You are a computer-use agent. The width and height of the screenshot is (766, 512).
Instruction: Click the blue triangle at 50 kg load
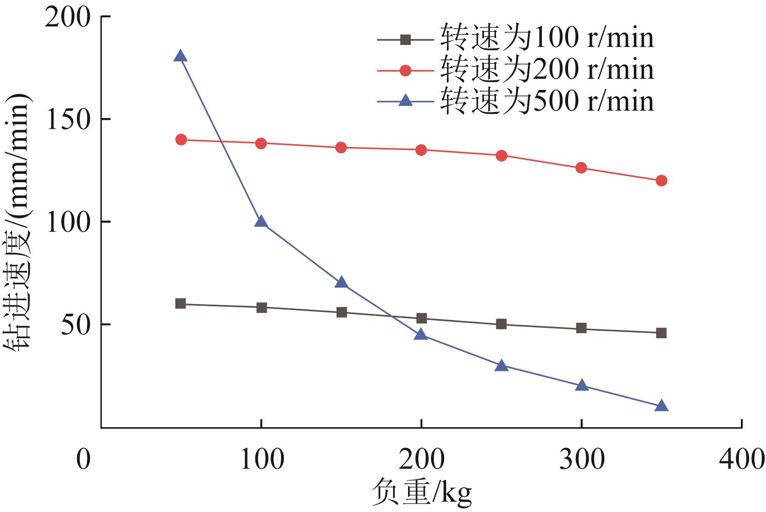point(181,57)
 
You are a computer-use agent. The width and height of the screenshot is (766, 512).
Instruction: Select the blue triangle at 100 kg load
point(261,222)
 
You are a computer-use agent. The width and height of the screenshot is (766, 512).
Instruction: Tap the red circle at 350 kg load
point(661,180)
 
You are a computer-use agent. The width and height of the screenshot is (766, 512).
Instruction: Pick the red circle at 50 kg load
point(181,140)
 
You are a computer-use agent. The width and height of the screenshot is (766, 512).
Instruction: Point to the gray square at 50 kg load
point(181,304)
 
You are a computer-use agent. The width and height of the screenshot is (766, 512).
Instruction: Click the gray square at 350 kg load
point(661,333)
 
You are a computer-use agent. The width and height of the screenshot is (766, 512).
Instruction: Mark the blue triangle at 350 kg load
point(661,406)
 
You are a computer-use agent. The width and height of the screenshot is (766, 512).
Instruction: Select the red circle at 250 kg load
point(501,156)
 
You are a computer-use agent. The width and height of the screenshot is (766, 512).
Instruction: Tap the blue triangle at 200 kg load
point(421,334)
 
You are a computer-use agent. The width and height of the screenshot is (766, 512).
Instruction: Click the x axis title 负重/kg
point(422,493)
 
